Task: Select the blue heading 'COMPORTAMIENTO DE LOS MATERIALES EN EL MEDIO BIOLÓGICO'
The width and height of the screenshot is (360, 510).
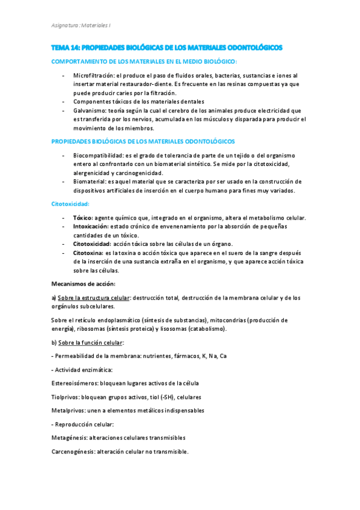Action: (x=144, y=61)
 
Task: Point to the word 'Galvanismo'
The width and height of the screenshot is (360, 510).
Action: (x=89, y=111)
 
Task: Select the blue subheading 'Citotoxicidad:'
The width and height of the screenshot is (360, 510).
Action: (x=70, y=204)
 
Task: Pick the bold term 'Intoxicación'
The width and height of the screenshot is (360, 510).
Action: (x=91, y=226)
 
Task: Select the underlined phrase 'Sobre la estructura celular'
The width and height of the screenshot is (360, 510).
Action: (x=93, y=298)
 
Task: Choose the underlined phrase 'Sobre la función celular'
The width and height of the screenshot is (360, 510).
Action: (x=91, y=342)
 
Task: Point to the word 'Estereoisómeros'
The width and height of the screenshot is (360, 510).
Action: (x=75, y=383)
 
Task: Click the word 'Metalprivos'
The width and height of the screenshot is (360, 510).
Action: (x=67, y=410)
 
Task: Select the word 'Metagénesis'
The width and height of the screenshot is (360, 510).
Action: (x=69, y=437)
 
